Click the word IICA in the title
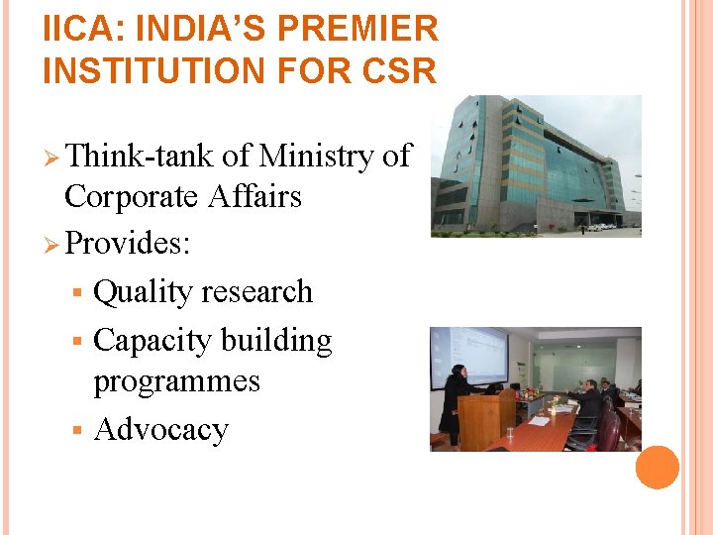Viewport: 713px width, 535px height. pyautogui.click(x=78, y=29)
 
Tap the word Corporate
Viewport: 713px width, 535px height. pyautogui.click(x=131, y=196)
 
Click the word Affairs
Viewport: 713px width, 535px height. pyautogui.click(x=255, y=196)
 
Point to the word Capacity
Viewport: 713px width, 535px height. pyautogui.click(x=153, y=340)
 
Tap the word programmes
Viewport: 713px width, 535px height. pyautogui.click(x=176, y=381)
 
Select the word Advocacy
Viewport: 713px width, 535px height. pyautogui.click(x=160, y=430)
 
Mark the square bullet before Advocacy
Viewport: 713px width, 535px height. pyautogui.click(x=78, y=431)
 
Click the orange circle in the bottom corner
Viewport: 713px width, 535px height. pyautogui.click(x=657, y=468)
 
